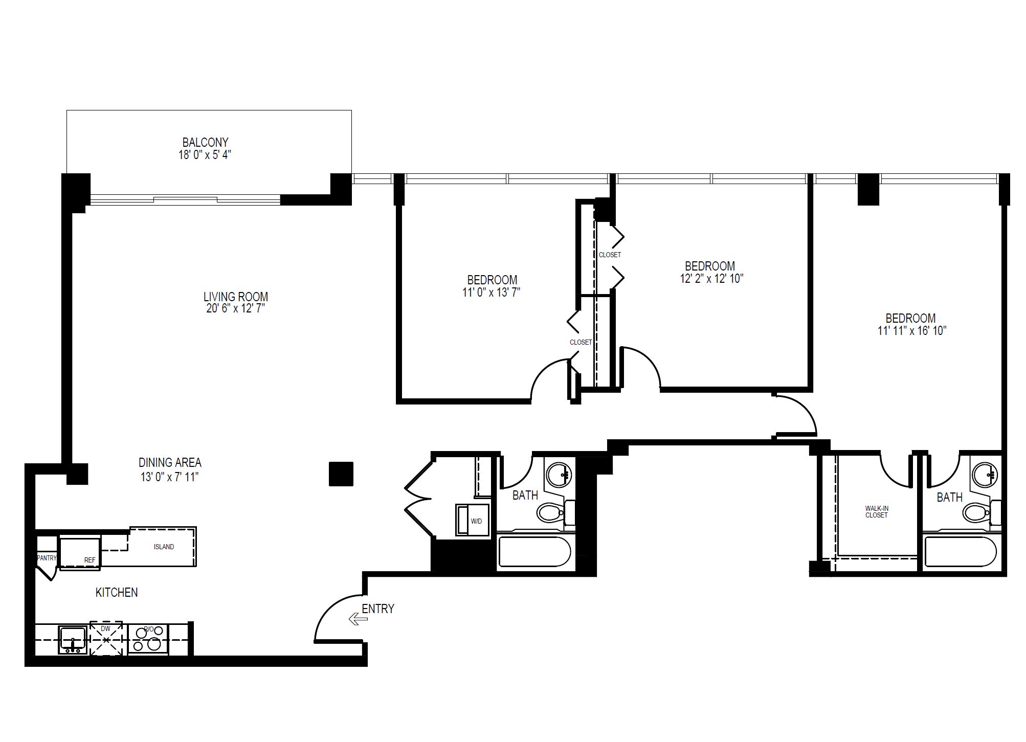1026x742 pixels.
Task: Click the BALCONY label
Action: click(x=205, y=142)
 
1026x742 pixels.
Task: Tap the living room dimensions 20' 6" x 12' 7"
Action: click(x=235, y=308)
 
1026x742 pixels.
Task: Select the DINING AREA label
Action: click(x=170, y=463)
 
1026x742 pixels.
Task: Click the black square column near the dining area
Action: click(x=341, y=474)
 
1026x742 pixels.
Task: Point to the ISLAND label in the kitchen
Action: click(x=164, y=547)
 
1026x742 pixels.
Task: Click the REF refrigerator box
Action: click(x=80, y=553)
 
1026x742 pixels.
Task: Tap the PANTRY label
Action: click(x=47, y=558)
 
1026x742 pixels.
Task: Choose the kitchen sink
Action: click(x=73, y=640)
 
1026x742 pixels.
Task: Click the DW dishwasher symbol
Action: click(x=106, y=638)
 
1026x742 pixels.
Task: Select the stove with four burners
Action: click(x=148, y=639)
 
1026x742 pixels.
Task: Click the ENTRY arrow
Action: click(x=358, y=619)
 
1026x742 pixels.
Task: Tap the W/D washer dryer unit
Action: click(x=473, y=521)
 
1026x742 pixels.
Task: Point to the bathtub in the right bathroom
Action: click(x=961, y=552)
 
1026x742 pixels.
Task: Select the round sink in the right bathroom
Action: click(x=985, y=474)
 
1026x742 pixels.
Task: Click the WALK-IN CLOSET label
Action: click(x=877, y=512)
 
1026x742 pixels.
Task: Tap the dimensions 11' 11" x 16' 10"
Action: click(x=912, y=331)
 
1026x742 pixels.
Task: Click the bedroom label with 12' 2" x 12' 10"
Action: click(x=710, y=266)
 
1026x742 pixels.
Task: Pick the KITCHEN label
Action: click(x=117, y=592)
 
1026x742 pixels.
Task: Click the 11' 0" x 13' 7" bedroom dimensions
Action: click(x=492, y=293)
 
